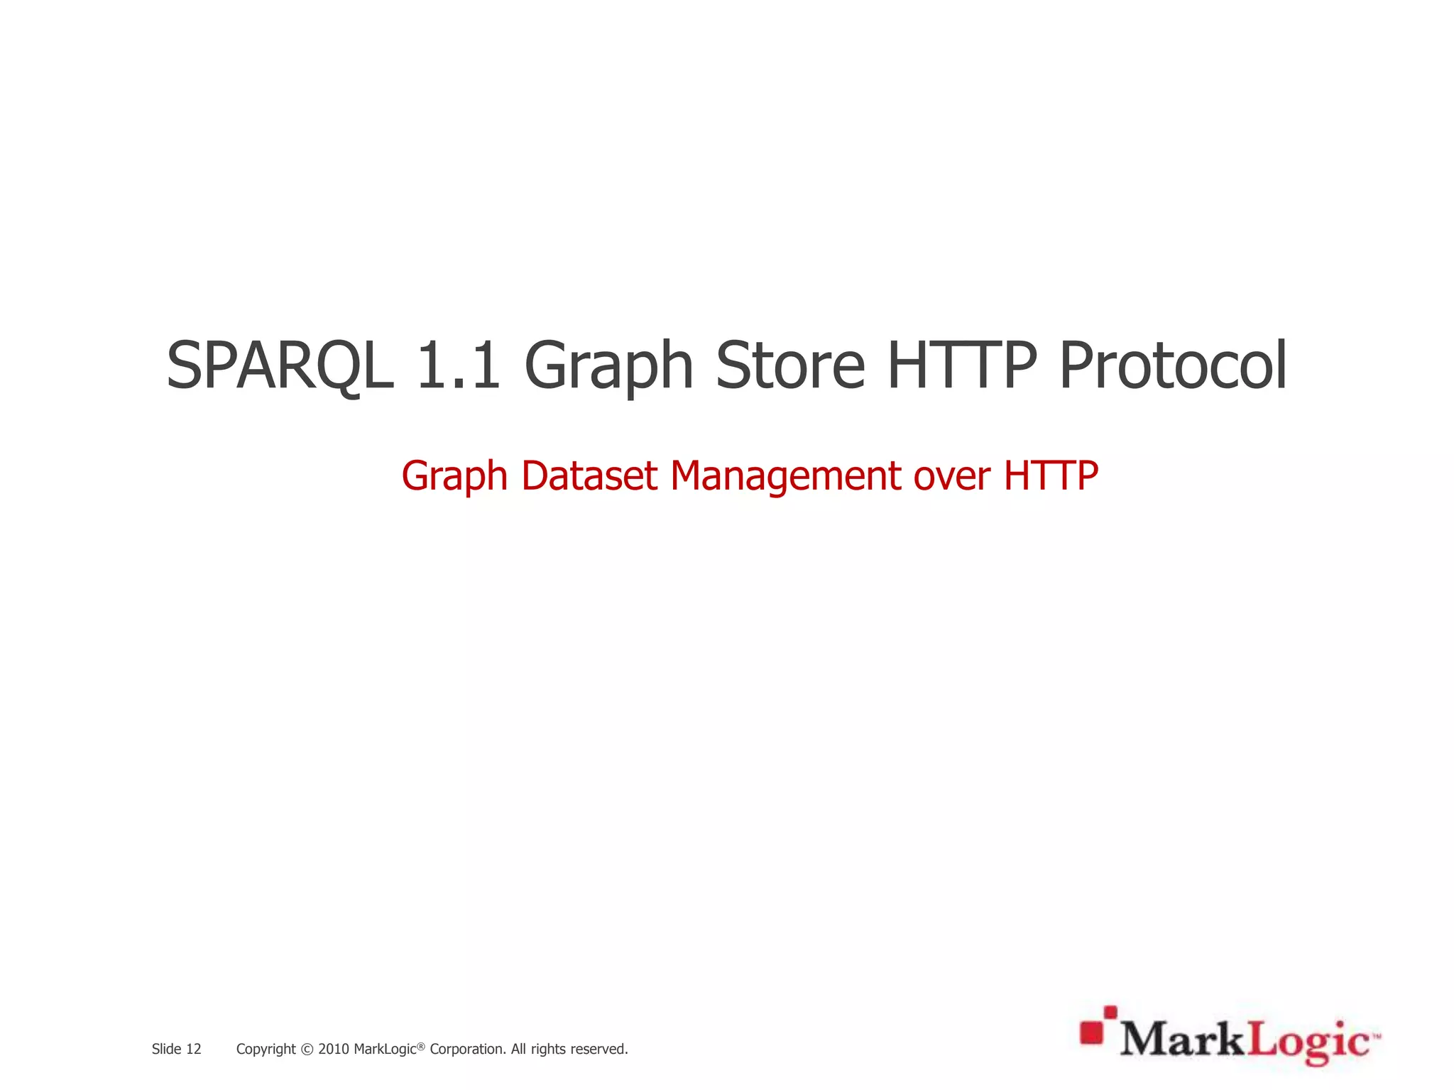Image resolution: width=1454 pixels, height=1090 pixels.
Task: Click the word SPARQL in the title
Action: (x=280, y=366)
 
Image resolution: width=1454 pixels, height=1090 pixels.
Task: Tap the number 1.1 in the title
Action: (x=458, y=366)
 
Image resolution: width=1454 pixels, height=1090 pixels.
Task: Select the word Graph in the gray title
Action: (x=608, y=366)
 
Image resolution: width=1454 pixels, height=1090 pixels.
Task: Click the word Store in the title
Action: (x=789, y=366)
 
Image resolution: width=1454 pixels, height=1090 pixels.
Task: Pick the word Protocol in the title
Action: (x=1172, y=366)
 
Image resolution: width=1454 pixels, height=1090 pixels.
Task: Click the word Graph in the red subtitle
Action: (x=454, y=476)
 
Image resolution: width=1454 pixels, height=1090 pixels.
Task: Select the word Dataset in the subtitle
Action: (x=589, y=475)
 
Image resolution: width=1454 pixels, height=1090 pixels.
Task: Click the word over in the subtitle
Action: (x=952, y=475)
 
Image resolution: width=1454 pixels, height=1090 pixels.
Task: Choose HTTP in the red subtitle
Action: (x=1051, y=475)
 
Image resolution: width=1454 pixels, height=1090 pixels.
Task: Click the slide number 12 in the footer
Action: (x=194, y=1049)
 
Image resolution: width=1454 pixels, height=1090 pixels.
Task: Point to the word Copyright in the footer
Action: (x=266, y=1050)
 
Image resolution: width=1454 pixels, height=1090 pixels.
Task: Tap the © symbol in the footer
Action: (x=307, y=1050)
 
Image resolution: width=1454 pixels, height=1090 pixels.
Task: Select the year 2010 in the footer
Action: (x=333, y=1049)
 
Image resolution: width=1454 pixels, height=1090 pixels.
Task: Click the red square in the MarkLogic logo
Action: (x=1093, y=1032)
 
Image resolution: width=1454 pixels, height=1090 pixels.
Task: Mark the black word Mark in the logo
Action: (x=1182, y=1040)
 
